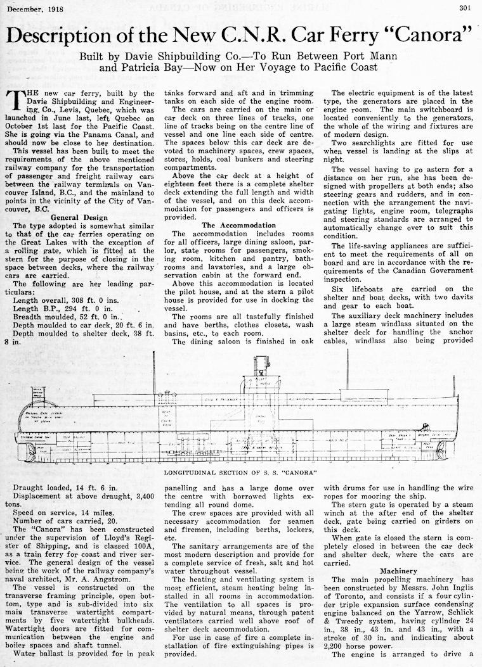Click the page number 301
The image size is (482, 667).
pyautogui.click(x=467, y=8)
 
